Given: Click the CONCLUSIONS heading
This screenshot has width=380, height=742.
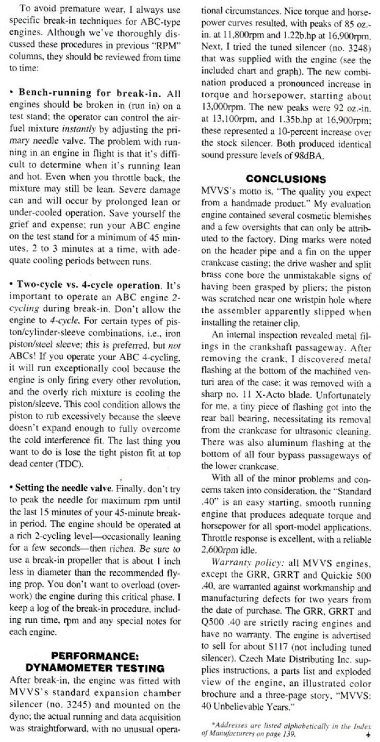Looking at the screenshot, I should coord(286,179).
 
